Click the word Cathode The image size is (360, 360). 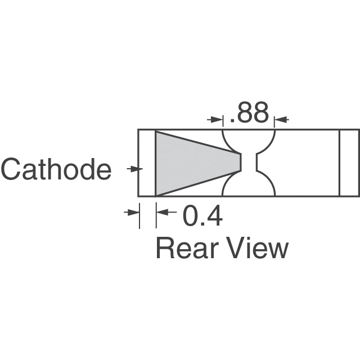(56, 169)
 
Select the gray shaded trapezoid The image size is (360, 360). (191, 163)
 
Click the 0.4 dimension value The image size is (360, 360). (201, 217)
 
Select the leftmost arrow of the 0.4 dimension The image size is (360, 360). (133, 212)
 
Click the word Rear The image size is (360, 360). (188, 248)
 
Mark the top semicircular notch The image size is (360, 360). (249, 139)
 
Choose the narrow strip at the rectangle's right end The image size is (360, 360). (349, 163)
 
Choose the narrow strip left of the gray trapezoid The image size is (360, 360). (147, 163)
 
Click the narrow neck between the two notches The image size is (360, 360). (249, 163)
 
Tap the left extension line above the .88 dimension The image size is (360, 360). (223, 120)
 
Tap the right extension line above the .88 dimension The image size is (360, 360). (274, 120)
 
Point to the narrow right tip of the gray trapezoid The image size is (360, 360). (239, 163)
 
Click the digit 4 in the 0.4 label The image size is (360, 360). (213, 217)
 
